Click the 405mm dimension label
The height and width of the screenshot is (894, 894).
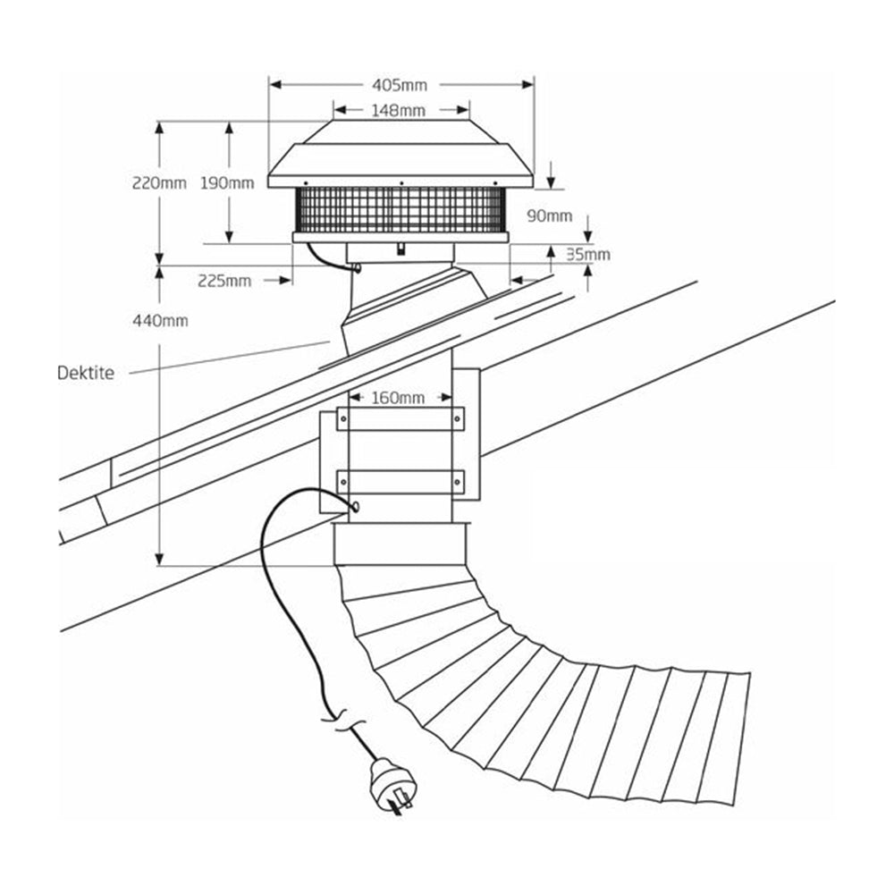tap(400, 85)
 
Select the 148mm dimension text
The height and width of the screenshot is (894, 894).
tap(400, 111)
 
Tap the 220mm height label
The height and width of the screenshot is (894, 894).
tap(158, 183)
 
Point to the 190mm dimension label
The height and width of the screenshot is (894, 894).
tap(227, 183)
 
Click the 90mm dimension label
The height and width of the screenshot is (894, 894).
tap(550, 215)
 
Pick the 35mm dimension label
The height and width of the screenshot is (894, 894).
tap(588, 254)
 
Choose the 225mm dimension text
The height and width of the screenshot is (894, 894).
tap(224, 281)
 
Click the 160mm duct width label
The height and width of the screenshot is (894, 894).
tap(400, 397)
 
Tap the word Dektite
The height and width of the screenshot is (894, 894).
tap(85, 373)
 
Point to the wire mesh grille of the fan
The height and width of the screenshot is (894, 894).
tap(400, 210)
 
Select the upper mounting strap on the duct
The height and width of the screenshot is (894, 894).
tap(401, 418)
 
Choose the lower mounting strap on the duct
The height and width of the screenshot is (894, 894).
tap(401, 482)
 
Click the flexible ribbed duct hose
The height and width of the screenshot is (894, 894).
tap(536, 697)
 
